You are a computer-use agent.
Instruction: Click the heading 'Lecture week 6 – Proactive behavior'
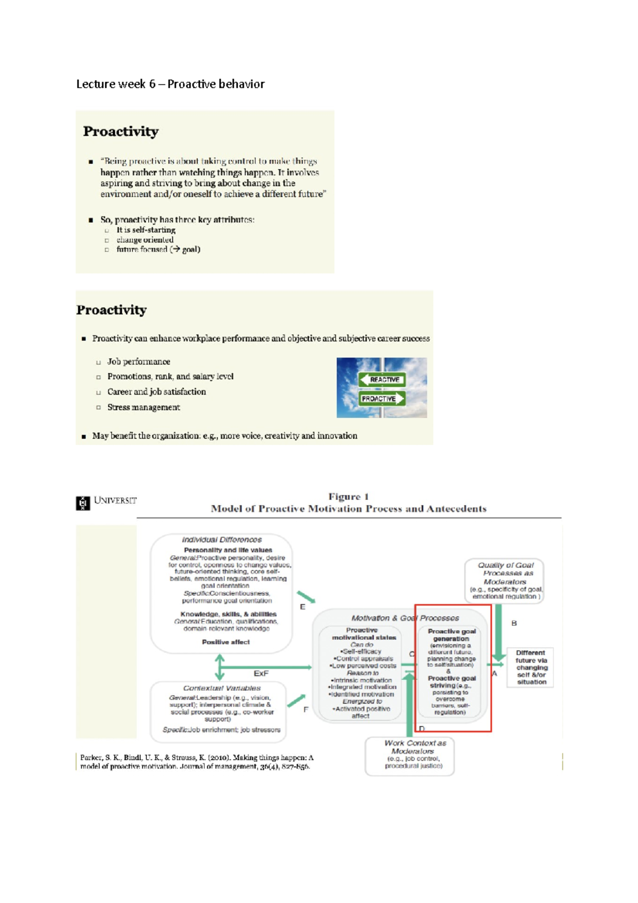click(170, 84)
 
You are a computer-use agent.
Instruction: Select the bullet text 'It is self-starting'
click(146, 230)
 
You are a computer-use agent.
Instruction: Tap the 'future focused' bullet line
click(158, 249)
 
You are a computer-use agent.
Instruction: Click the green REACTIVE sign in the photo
click(382, 379)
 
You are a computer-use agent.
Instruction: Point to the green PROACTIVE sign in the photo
click(381, 398)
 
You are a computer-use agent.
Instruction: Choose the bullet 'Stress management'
click(144, 407)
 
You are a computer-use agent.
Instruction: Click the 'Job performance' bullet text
click(138, 362)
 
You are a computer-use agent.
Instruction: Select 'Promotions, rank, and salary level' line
click(170, 377)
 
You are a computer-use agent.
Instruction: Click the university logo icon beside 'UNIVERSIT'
click(83, 503)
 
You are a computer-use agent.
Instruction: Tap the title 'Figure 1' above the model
click(348, 497)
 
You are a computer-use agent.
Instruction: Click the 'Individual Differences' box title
click(222, 539)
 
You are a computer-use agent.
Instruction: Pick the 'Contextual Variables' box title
click(222, 688)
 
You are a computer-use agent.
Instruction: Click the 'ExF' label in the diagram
click(261, 673)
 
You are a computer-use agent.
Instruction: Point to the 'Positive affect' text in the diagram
click(225, 642)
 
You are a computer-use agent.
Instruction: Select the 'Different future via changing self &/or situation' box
click(531, 667)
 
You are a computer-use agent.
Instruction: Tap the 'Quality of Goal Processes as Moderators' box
click(505, 580)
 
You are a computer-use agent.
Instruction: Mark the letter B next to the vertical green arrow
click(514, 623)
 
